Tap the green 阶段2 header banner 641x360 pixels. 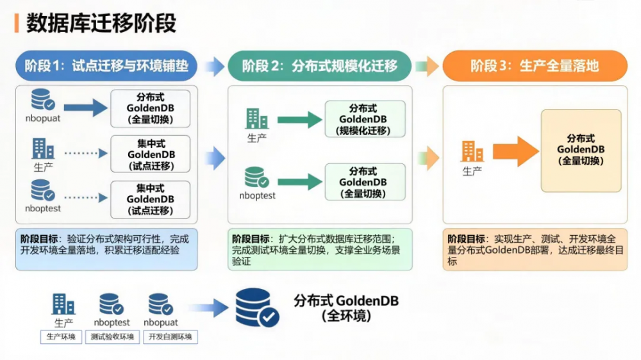(320, 65)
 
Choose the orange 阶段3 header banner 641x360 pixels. (534, 65)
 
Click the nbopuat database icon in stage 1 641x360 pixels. (42, 101)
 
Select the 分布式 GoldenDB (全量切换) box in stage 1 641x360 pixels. (150, 108)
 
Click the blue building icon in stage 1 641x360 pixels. (43, 149)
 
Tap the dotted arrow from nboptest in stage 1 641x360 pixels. (86, 199)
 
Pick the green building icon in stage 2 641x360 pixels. (256, 119)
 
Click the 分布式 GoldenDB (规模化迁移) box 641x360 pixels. (365, 119)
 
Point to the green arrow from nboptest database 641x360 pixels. (299, 182)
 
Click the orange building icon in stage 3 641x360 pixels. (472, 151)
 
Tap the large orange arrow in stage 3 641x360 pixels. (516, 152)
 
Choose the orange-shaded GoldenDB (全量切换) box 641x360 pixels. (581, 151)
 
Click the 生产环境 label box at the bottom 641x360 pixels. (61, 337)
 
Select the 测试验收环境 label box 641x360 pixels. (112, 337)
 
